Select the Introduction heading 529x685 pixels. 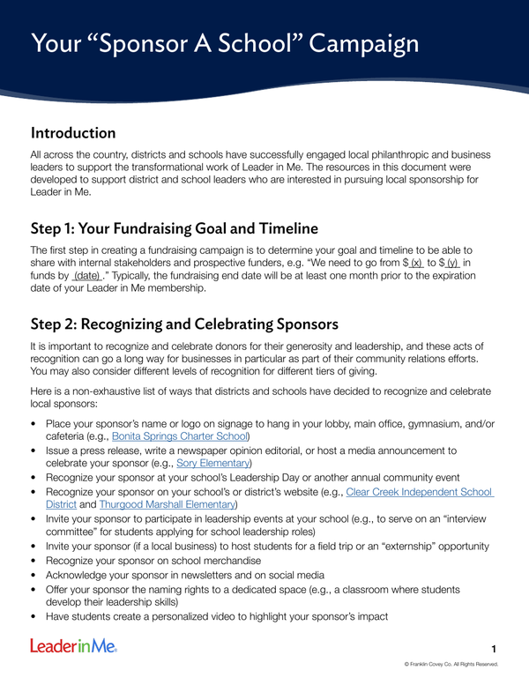click(x=73, y=134)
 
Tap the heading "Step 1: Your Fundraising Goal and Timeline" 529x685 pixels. click(x=182, y=226)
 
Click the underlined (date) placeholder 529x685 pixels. click(x=86, y=276)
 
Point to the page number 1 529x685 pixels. click(x=495, y=649)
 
